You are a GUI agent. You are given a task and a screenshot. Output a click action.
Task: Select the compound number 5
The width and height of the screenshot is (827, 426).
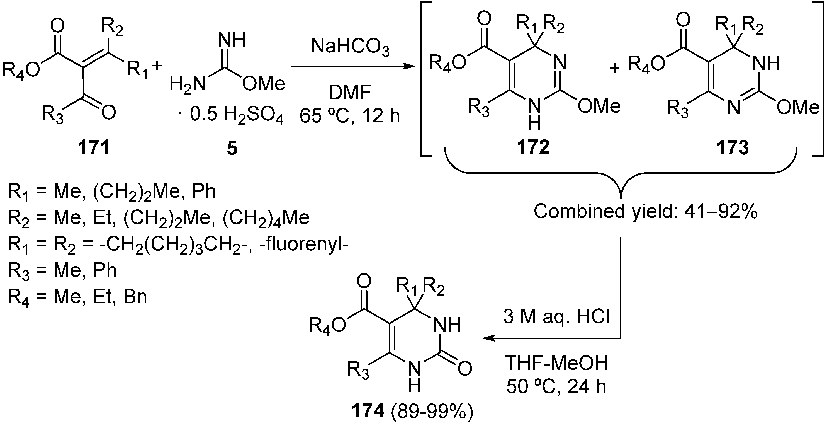[232, 148]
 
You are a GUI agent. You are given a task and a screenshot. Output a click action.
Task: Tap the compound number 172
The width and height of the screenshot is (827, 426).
[533, 148]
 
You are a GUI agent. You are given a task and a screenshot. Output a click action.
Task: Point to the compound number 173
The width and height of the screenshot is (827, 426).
[733, 148]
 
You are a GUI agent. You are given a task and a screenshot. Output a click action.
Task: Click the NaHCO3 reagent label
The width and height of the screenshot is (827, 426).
[350, 47]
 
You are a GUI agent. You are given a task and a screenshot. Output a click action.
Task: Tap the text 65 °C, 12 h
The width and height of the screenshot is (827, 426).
[350, 116]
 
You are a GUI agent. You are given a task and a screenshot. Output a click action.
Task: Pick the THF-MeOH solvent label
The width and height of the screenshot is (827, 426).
[556, 363]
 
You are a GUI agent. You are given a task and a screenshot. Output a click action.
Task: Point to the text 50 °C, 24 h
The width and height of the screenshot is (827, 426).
[556, 386]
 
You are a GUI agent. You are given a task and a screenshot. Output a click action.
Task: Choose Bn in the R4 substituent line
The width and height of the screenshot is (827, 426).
[135, 297]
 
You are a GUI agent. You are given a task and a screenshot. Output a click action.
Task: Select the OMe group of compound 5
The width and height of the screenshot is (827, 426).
[264, 84]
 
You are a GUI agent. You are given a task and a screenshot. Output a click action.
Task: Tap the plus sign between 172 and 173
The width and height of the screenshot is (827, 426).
[614, 68]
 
